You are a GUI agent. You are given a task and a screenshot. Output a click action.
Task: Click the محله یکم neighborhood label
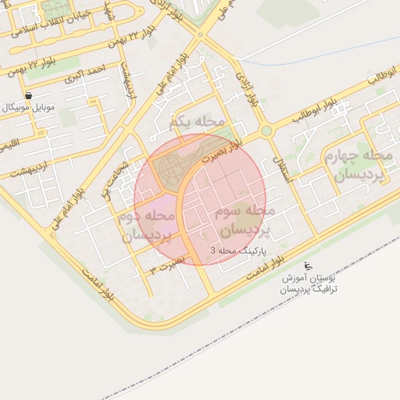(196, 122)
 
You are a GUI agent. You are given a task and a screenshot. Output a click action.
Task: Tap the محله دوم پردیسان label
(148, 224)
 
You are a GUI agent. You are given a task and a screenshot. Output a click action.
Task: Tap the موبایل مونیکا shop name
(29, 106)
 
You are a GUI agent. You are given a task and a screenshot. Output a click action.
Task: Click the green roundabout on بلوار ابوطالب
(266, 130)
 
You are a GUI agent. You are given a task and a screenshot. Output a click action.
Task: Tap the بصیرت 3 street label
(168, 263)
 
